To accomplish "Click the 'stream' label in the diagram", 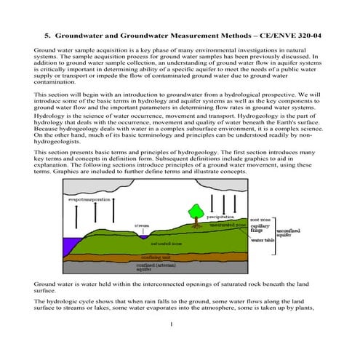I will pyautogui.click(x=142, y=225).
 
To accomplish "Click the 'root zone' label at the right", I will pyautogui.click(x=261, y=218).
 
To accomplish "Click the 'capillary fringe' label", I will pyautogui.click(x=259, y=228).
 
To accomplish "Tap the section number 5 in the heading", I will pyautogui.click(x=47, y=34).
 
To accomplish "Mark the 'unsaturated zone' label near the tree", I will pyautogui.click(x=226, y=225).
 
